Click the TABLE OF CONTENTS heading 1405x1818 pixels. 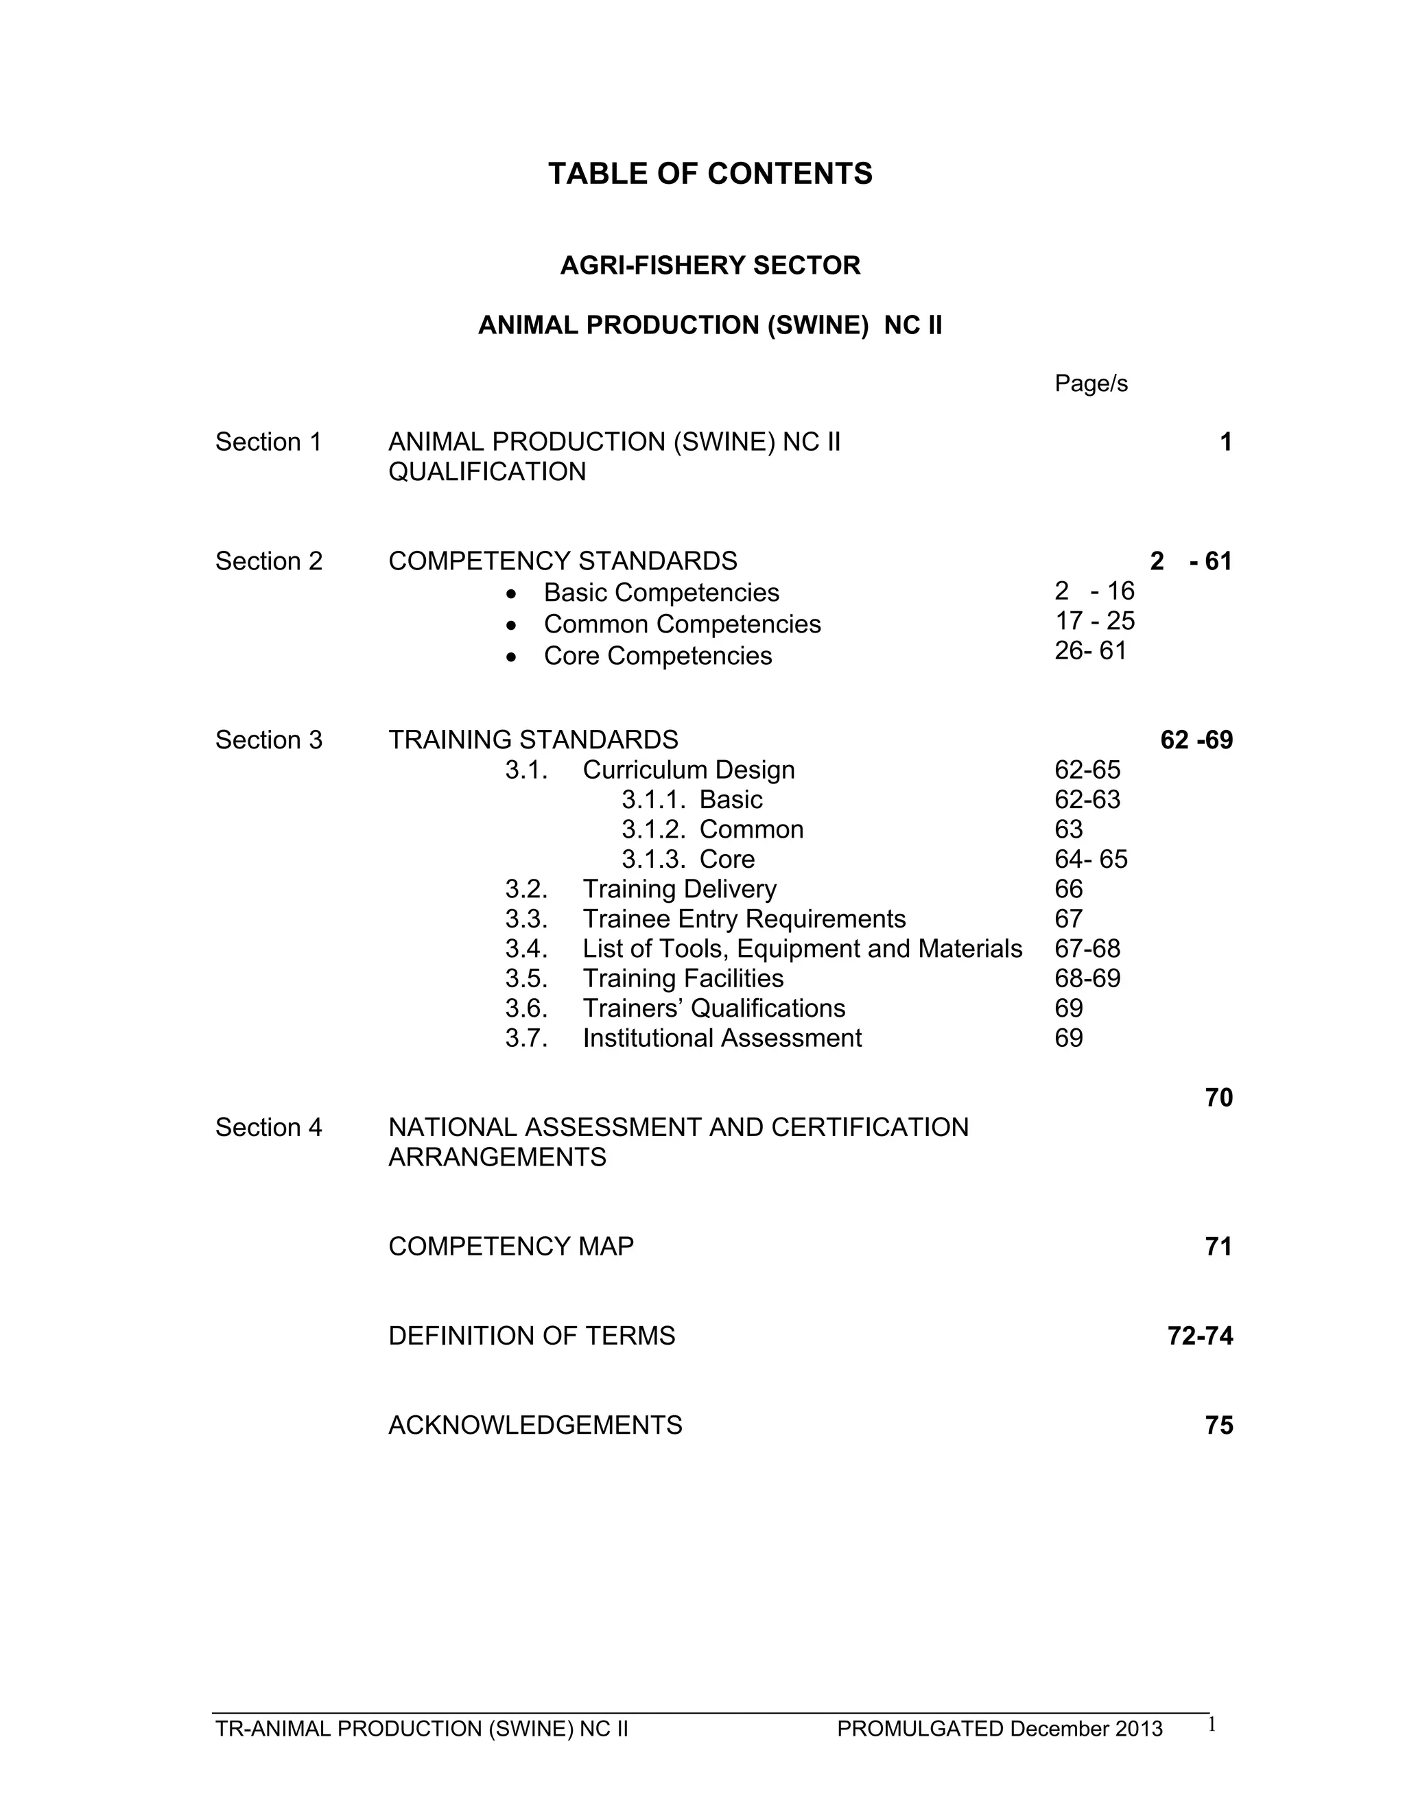click(x=710, y=174)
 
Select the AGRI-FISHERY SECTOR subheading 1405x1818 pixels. click(x=710, y=265)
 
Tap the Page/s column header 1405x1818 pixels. click(x=1090, y=383)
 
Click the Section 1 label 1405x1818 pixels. click(x=268, y=442)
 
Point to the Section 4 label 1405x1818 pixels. click(x=268, y=1127)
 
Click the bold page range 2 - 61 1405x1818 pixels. click(x=1190, y=561)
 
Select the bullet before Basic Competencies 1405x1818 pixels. click(x=511, y=593)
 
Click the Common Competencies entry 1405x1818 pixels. click(x=682, y=624)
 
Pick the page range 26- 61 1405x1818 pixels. click(x=1090, y=651)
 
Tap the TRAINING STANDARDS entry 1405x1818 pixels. click(x=532, y=740)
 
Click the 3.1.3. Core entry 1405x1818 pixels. click(x=687, y=859)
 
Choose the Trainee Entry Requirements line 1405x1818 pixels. click(x=743, y=919)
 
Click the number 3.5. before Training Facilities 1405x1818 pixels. click(x=526, y=979)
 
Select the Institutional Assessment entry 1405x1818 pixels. click(x=722, y=1039)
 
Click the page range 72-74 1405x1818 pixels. click(x=1199, y=1336)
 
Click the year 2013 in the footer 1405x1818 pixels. click(x=1139, y=1729)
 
